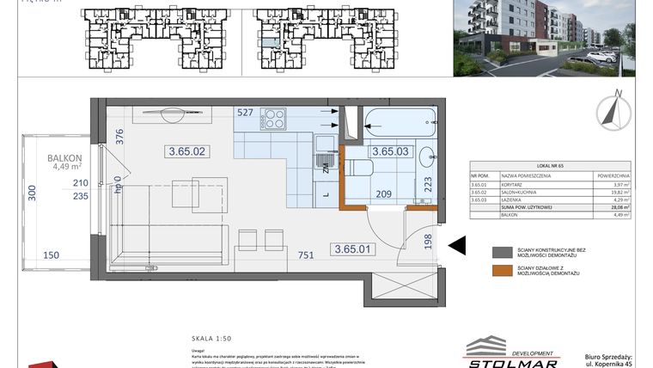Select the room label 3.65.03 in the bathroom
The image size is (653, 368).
[391, 151]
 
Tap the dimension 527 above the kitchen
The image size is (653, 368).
[246, 112]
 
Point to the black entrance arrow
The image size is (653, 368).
[457, 247]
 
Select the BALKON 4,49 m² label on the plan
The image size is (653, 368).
[65, 163]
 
